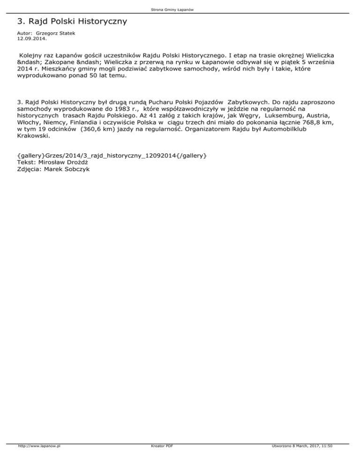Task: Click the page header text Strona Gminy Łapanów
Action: [x=180, y=9]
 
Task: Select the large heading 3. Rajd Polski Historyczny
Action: [x=72, y=22]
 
